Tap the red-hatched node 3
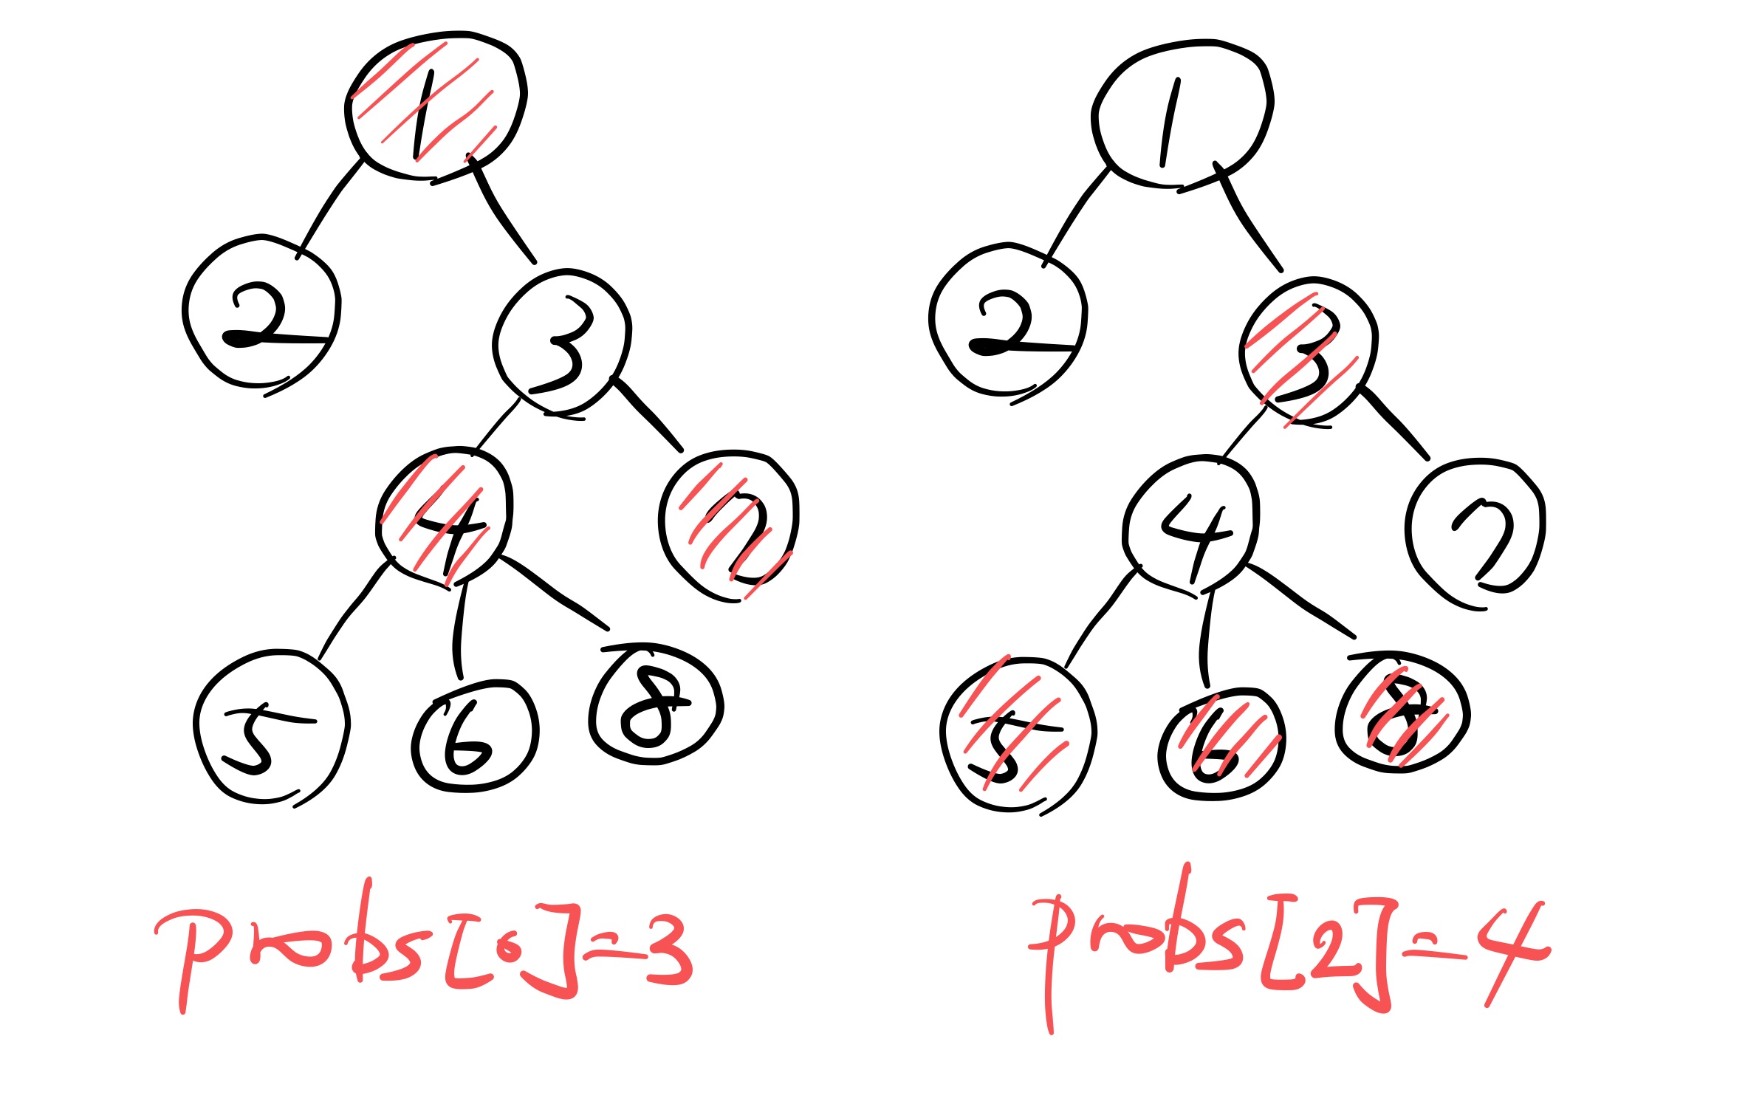[1308, 351]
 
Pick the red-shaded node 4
[444, 518]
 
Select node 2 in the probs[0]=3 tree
[261, 312]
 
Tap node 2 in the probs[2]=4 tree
[1007, 320]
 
